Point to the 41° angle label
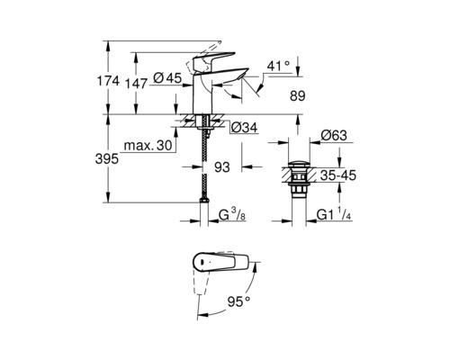(281, 65)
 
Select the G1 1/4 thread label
(339, 217)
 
